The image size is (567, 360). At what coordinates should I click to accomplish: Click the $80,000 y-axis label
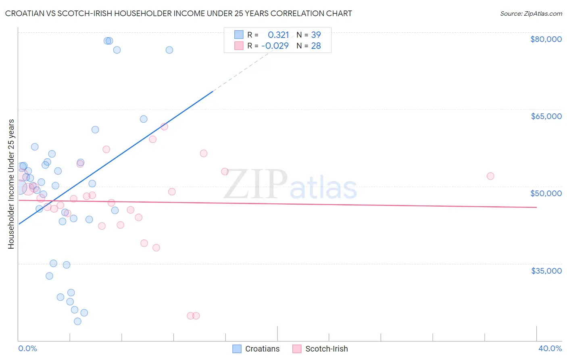(x=546, y=39)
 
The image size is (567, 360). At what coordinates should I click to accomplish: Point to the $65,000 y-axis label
(x=546, y=116)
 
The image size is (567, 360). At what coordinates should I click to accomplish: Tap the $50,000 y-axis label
(x=546, y=193)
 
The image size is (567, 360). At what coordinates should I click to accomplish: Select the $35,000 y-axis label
(x=546, y=271)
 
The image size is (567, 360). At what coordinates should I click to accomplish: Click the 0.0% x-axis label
(x=27, y=348)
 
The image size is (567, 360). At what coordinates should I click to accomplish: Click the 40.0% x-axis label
(x=550, y=348)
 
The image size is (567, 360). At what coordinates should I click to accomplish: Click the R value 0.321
(x=278, y=35)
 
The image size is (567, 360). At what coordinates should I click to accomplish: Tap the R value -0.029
(x=275, y=46)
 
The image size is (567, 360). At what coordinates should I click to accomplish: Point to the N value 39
(x=316, y=35)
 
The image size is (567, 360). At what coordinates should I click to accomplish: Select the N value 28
(x=316, y=46)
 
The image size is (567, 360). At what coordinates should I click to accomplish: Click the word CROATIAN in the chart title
(x=25, y=13)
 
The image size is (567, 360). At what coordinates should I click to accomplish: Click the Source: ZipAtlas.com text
(x=531, y=13)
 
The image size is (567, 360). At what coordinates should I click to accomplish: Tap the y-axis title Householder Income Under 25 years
(x=11, y=184)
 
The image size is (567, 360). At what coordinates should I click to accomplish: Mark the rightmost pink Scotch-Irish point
(x=490, y=176)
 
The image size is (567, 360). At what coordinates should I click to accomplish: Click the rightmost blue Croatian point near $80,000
(x=169, y=50)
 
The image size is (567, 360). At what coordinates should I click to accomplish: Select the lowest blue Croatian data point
(x=78, y=321)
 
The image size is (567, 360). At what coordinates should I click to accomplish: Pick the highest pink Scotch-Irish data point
(x=164, y=127)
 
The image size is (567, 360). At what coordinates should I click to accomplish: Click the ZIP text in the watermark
(x=256, y=184)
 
